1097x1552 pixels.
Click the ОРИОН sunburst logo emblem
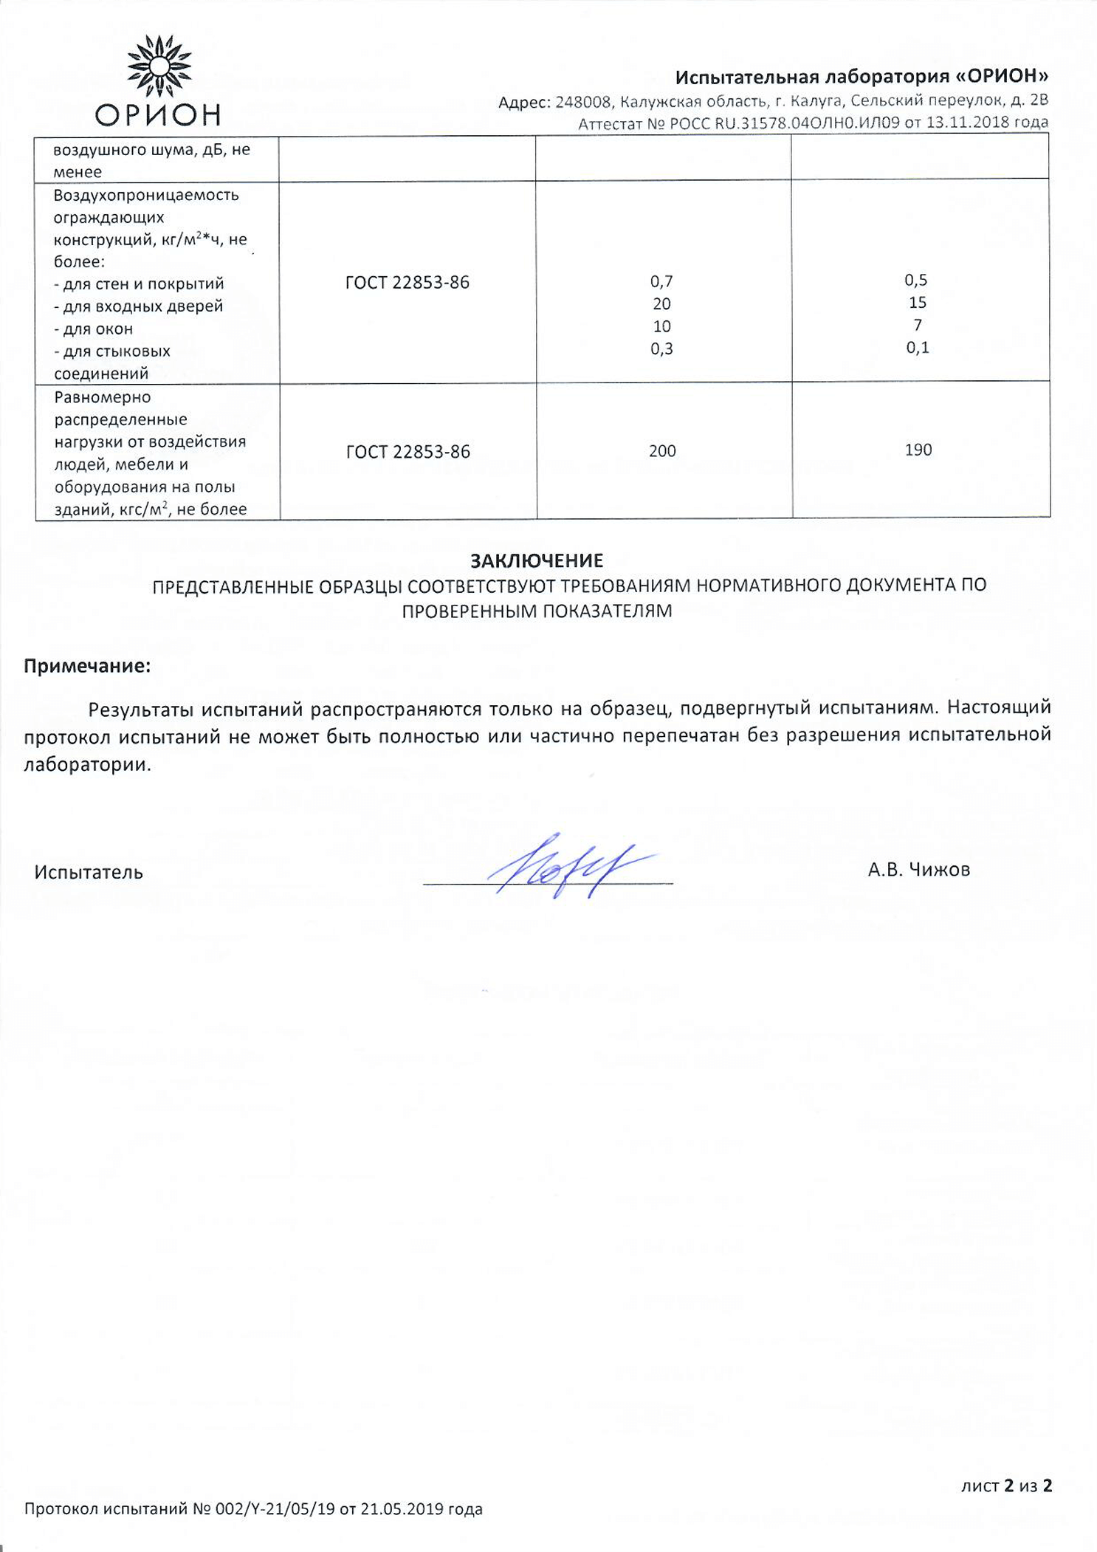159,66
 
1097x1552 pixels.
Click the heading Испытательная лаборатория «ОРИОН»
862,77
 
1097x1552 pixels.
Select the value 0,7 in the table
661,281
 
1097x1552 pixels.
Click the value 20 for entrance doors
661,303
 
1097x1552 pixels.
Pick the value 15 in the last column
918,303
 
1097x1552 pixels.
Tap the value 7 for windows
918,325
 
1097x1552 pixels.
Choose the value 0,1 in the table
918,348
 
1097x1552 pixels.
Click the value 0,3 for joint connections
661,348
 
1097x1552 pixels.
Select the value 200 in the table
662,451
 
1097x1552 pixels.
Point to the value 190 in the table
918,450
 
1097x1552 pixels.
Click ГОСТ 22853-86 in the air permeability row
407,283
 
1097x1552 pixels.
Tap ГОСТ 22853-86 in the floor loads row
408,452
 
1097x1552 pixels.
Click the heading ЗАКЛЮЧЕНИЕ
537,560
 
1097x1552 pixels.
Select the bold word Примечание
87,666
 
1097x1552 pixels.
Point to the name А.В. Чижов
918,870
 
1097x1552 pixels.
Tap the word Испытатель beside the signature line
89,873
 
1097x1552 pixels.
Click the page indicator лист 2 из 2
1006,1486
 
